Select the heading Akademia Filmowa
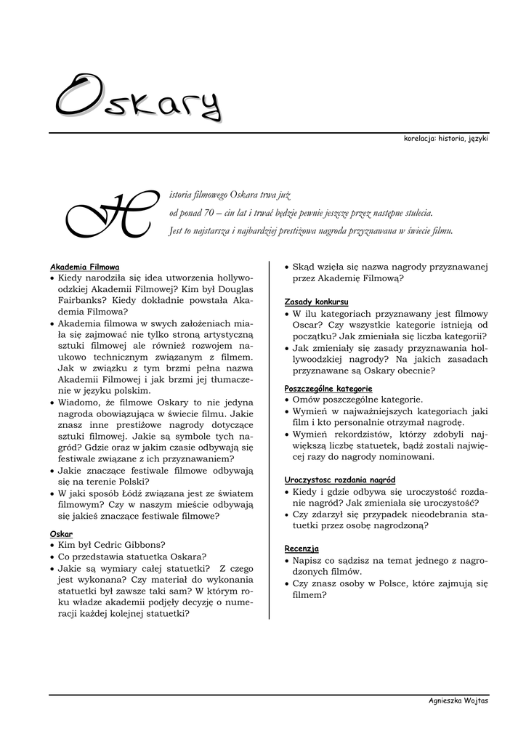pos(84,267)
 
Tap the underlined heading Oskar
pos(61,533)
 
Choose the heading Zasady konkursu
pos(316,302)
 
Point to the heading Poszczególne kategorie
pos(328,389)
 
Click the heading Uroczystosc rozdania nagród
pos(339,480)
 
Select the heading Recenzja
pos(302,549)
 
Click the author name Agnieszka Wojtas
pos(458,700)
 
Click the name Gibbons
pos(145,544)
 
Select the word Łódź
pos(124,493)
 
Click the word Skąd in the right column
pos(304,267)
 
